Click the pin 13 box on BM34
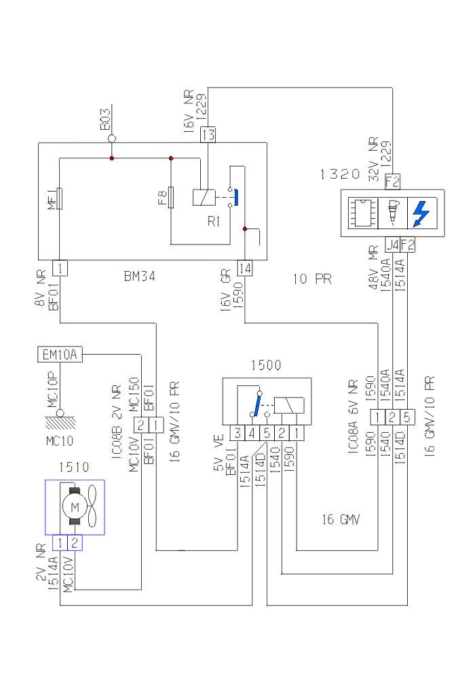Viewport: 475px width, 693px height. (x=208, y=135)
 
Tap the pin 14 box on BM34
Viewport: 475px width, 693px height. (x=244, y=268)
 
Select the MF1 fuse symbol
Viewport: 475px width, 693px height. (x=60, y=199)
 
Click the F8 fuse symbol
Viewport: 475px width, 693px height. (x=171, y=198)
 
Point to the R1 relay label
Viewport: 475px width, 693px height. (x=214, y=221)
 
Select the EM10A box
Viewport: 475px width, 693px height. (x=60, y=355)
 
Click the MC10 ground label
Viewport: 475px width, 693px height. (x=59, y=440)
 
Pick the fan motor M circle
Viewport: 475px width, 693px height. (x=75, y=507)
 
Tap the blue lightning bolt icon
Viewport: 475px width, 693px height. (x=421, y=213)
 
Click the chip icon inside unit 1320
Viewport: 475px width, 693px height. (x=362, y=213)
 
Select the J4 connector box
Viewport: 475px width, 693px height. (x=392, y=244)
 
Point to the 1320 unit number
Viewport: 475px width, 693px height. (x=340, y=174)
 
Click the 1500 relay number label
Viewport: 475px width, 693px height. (x=266, y=365)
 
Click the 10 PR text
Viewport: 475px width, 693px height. (x=312, y=279)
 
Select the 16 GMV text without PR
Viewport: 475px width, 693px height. (x=341, y=520)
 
